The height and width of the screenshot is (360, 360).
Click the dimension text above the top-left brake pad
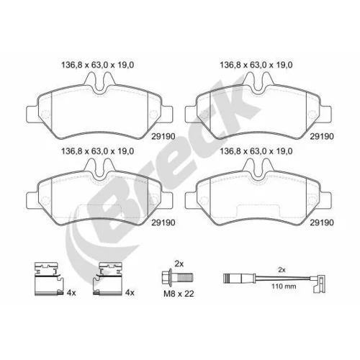[x=98, y=65]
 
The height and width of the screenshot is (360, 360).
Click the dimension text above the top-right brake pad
[x=256, y=65]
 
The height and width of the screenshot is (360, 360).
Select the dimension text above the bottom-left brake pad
[x=98, y=151]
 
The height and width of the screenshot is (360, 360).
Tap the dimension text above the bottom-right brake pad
[x=256, y=151]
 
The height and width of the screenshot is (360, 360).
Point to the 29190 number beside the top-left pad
[x=163, y=136]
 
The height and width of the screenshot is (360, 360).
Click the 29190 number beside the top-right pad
[x=322, y=136]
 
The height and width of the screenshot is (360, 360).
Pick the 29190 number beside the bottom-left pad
[x=163, y=222]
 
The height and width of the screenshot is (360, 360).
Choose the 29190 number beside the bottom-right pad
[x=322, y=222]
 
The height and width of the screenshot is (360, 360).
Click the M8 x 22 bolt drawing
[x=178, y=278]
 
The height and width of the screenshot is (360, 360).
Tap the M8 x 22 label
[x=179, y=294]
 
